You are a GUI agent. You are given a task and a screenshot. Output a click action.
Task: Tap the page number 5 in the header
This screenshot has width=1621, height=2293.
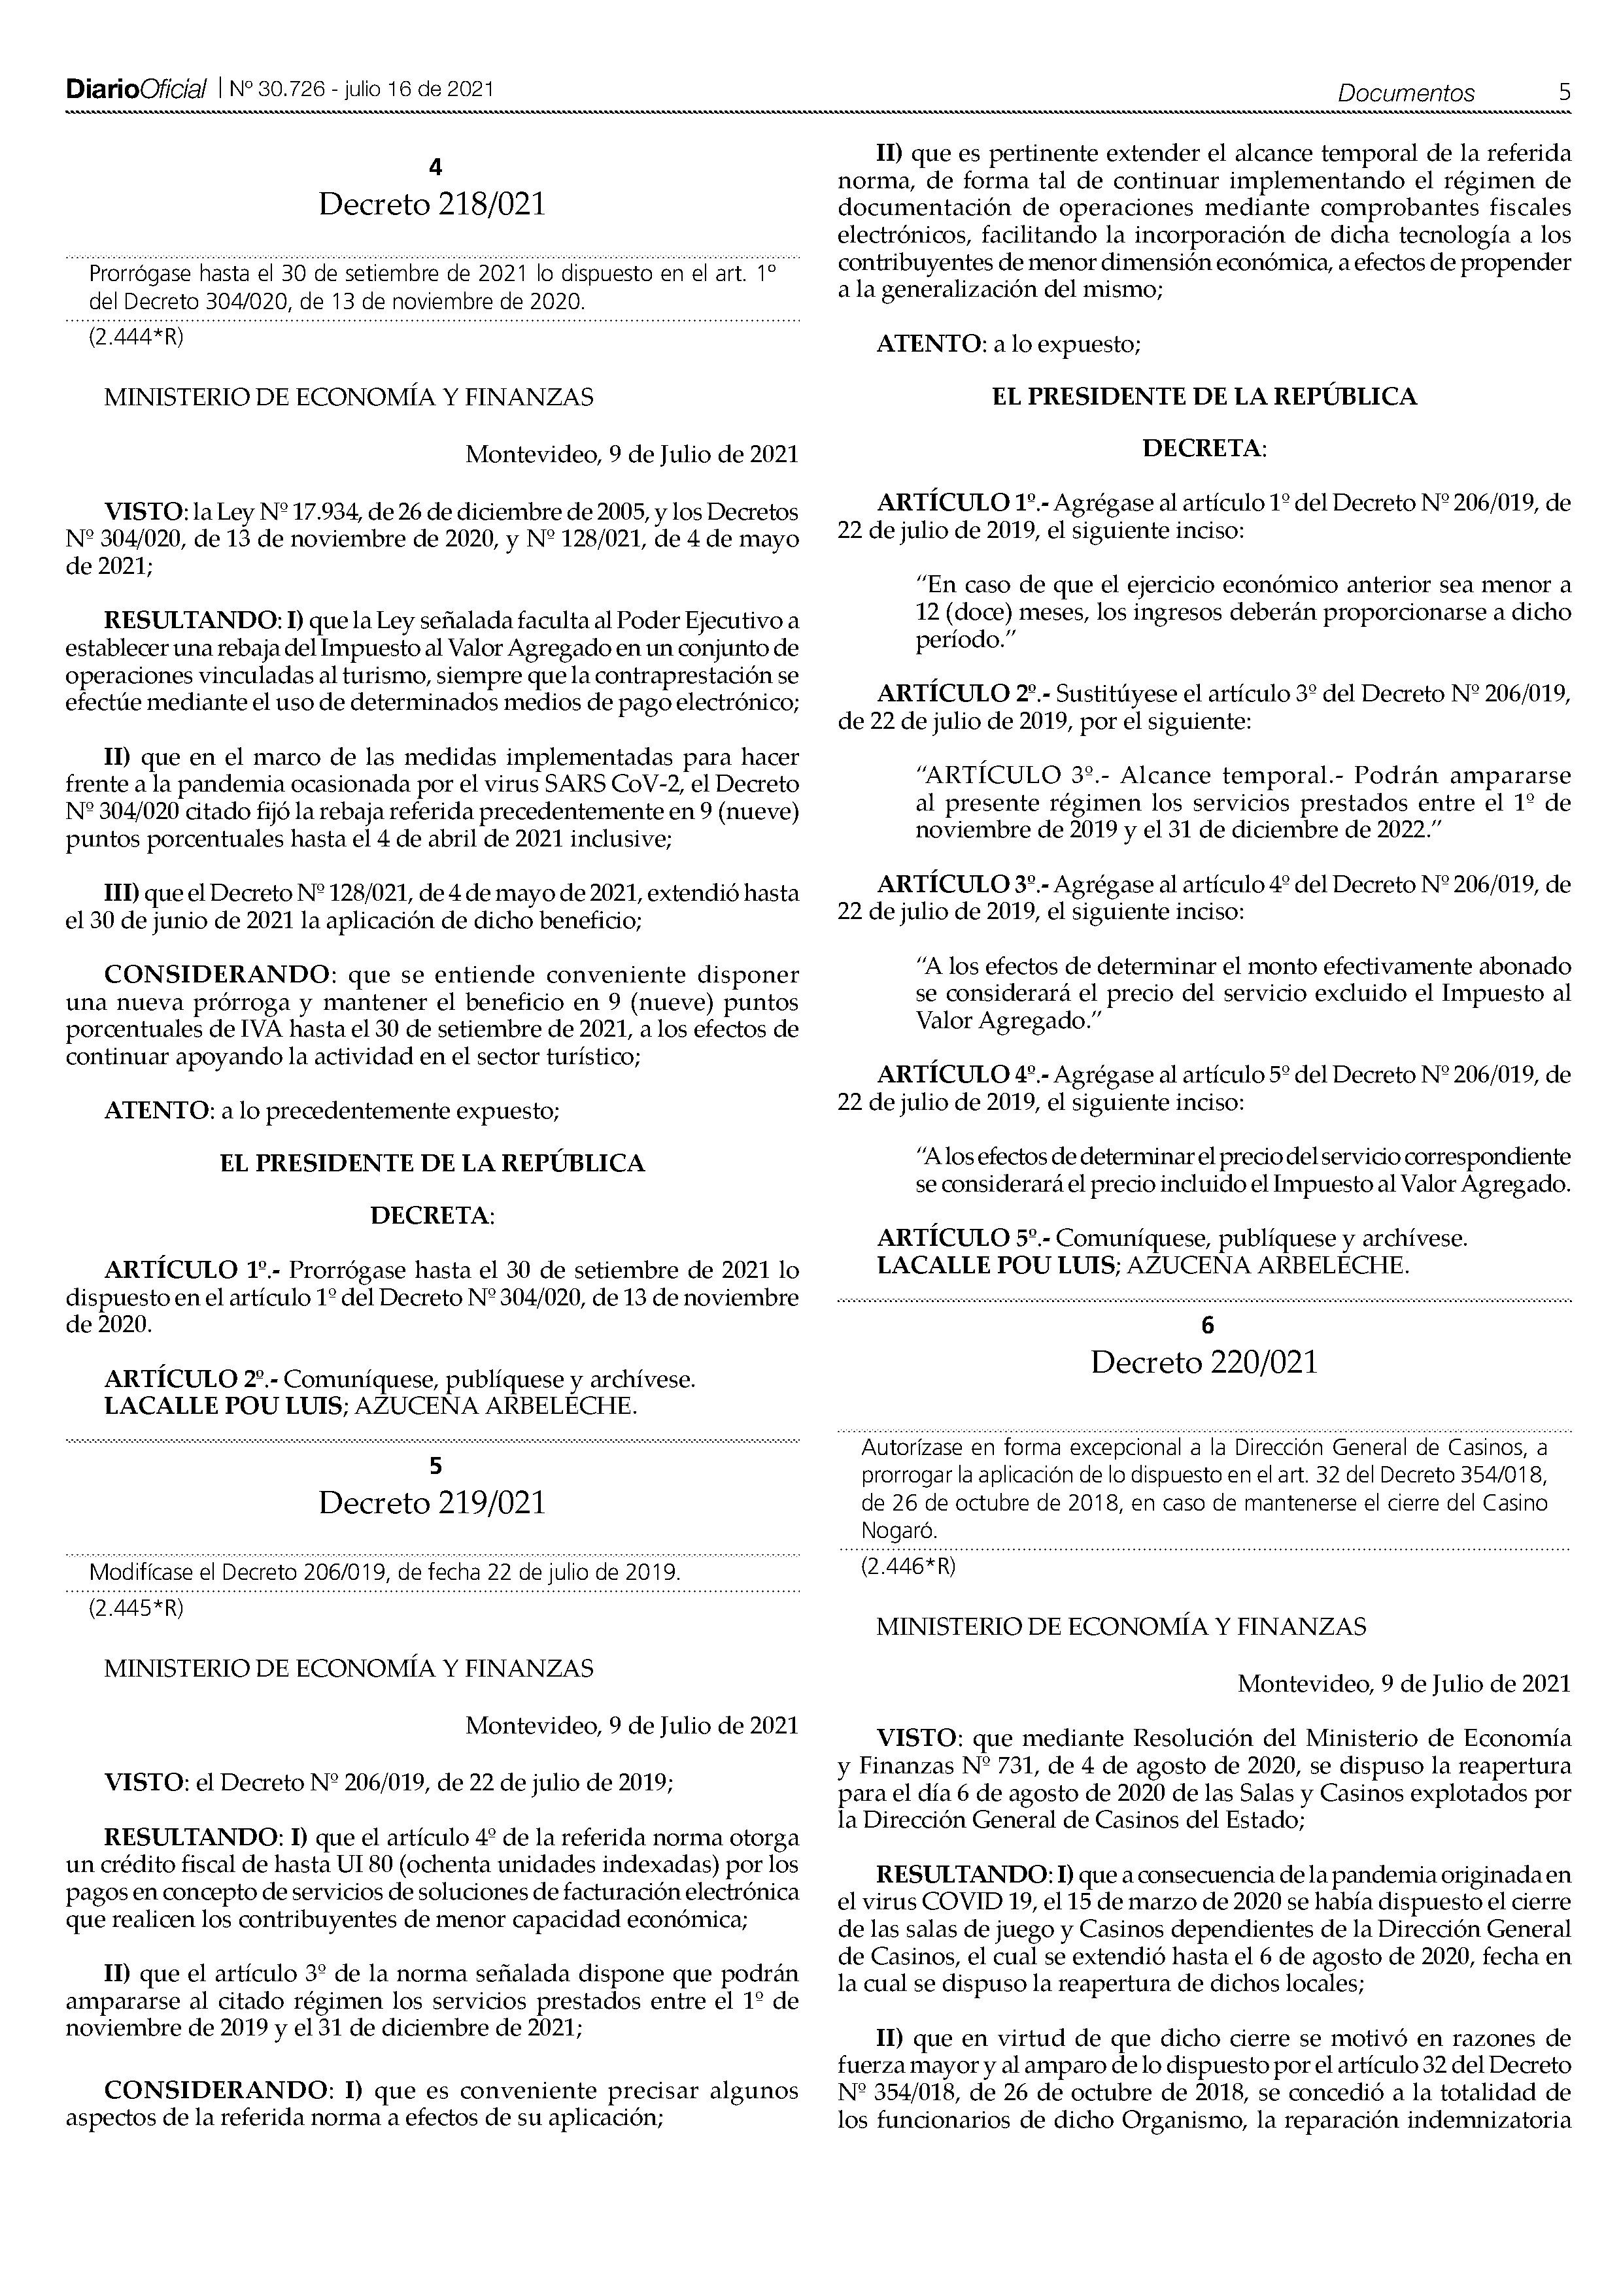(1564, 92)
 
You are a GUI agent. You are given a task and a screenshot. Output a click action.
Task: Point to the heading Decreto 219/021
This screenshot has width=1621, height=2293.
(432, 1503)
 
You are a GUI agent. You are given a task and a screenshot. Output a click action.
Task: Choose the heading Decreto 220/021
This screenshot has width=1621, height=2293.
(1204, 1362)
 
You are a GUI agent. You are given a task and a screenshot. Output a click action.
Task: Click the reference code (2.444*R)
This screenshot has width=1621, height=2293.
(137, 337)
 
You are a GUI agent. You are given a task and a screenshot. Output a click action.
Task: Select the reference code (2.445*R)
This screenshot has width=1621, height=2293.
(137, 1608)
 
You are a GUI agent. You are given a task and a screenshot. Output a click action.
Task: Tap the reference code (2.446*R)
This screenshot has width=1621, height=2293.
(908, 1566)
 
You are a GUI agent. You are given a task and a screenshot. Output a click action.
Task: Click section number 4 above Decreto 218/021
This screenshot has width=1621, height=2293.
(434, 167)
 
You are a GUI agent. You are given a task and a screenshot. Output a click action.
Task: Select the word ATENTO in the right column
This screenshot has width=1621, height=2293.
(928, 344)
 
